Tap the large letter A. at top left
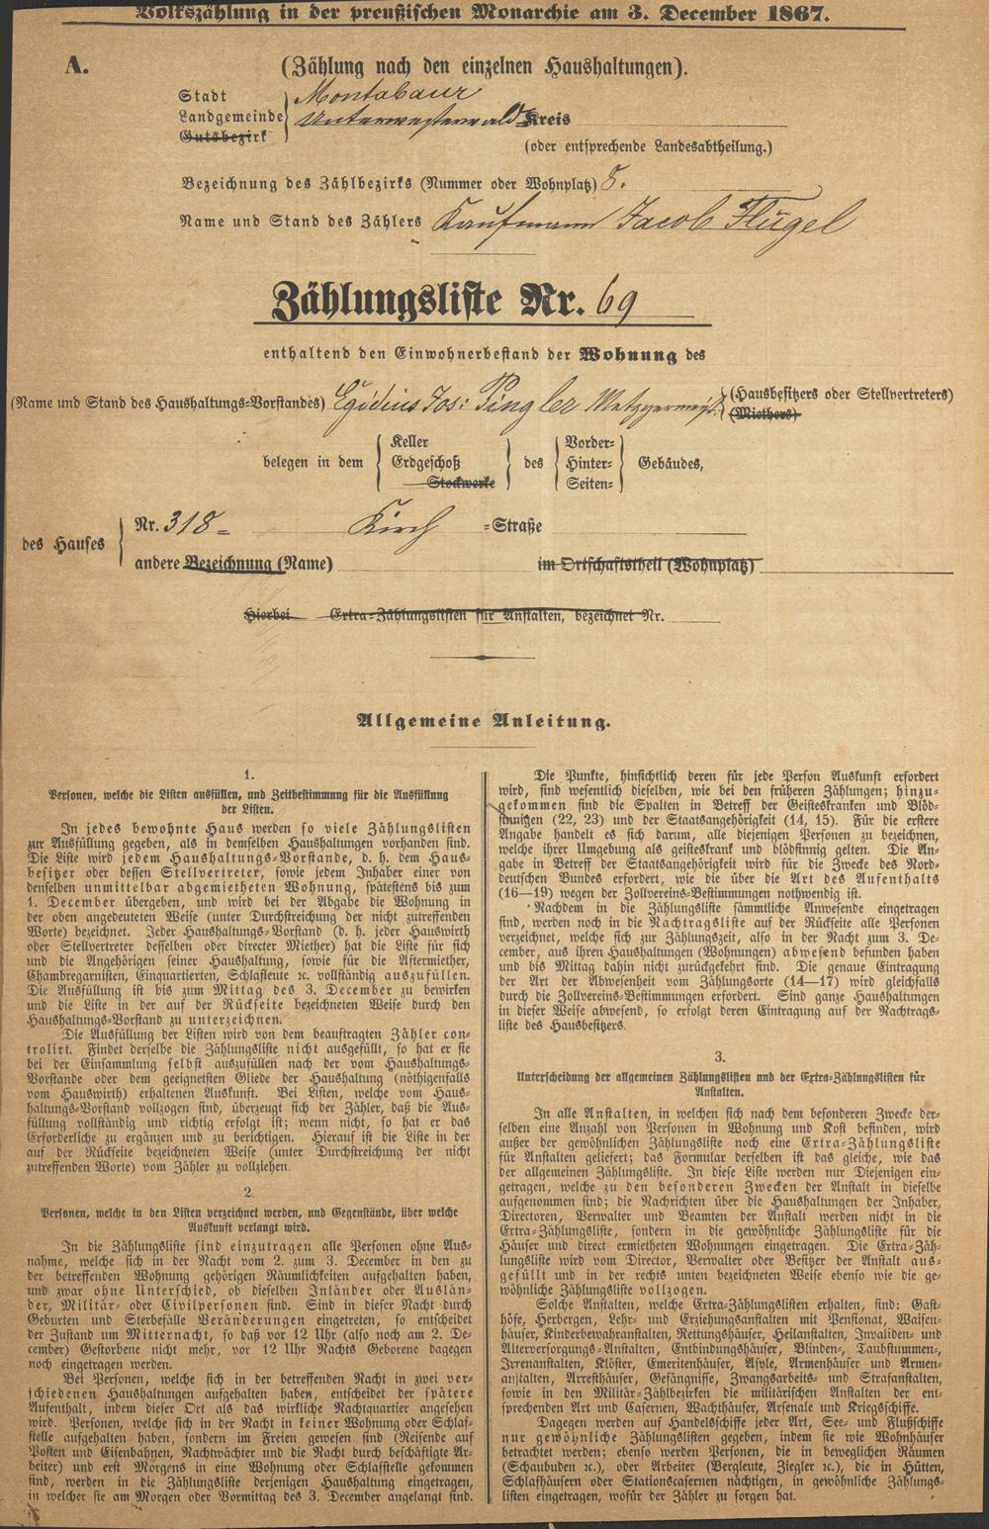tap(77, 67)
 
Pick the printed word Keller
tap(408, 442)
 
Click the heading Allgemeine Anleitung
tap(484, 722)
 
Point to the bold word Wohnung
tap(628, 354)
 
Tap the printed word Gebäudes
tap(672, 462)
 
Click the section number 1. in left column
tap(249, 775)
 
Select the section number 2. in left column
tap(249, 1192)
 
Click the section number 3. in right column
tap(720, 1056)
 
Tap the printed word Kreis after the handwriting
tap(548, 118)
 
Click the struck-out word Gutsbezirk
tap(224, 135)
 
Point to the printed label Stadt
tap(202, 96)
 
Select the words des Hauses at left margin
tap(64, 543)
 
